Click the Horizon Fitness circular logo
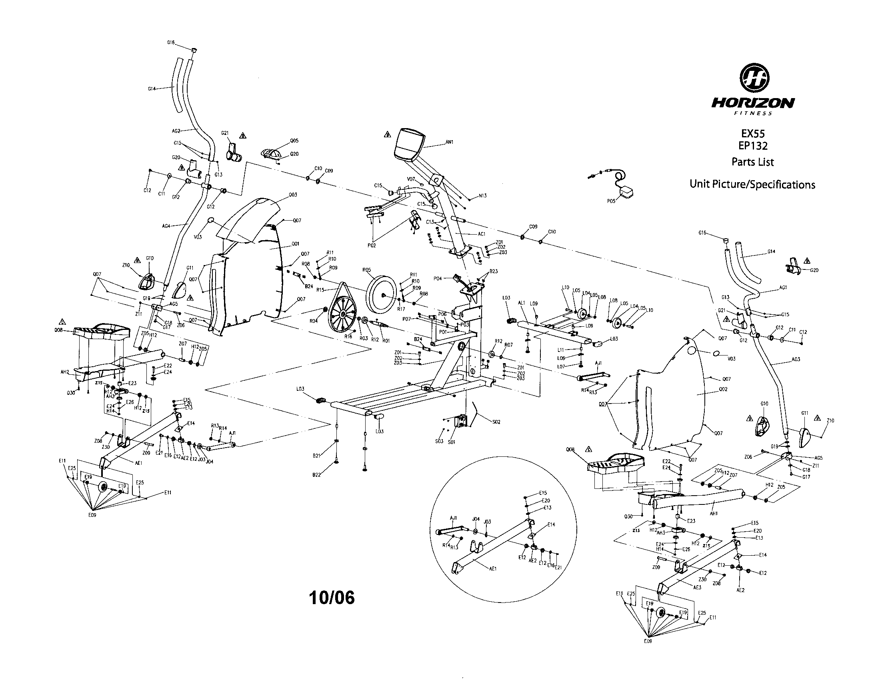754,80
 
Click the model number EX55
753,133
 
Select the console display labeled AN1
409,145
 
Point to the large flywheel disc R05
381,295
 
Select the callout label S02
496,422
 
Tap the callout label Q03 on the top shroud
293,195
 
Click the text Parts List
752,162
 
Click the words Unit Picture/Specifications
752,185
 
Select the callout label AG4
166,226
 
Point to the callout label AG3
795,359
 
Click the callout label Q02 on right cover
723,389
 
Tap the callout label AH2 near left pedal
64,372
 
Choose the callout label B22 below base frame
316,475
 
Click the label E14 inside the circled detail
551,524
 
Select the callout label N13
482,195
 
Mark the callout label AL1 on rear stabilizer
521,303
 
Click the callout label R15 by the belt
320,289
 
